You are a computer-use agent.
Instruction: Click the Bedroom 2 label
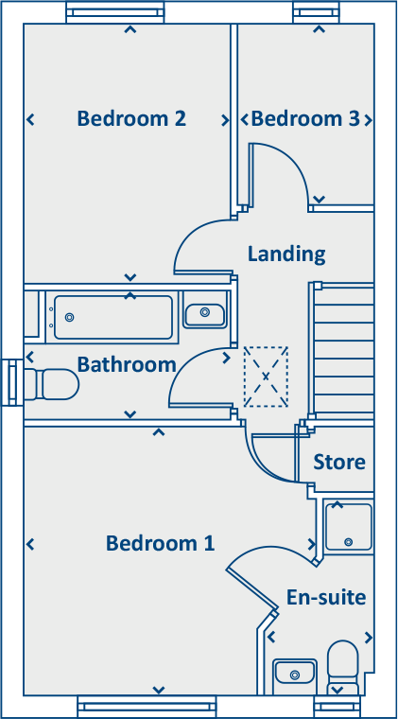131,119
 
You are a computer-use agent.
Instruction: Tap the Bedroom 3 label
305,119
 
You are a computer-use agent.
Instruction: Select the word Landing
286,254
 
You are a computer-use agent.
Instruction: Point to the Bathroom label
127,364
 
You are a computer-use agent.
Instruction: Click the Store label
339,463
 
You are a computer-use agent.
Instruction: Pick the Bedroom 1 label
160,543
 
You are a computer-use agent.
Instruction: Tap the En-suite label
326,598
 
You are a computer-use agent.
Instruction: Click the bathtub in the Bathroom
113,317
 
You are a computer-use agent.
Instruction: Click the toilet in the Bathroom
51,384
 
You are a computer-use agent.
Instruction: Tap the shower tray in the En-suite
349,527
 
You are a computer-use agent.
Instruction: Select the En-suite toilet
343,666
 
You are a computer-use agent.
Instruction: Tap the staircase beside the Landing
343,349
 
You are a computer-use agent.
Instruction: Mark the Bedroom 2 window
114,12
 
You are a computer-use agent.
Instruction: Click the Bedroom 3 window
316,12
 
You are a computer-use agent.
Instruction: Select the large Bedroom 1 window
147,706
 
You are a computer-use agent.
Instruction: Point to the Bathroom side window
12,382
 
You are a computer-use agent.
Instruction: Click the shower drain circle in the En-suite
349,541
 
